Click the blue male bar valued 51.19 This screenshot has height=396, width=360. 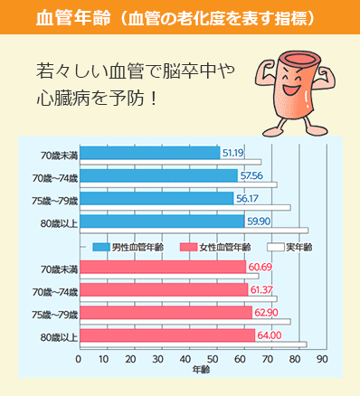coord(149,153)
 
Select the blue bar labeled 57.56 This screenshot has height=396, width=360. coord(158,175)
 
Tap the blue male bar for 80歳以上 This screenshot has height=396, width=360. coord(161,220)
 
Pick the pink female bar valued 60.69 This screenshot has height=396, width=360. coord(162,267)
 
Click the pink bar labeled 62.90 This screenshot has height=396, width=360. coord(166,312)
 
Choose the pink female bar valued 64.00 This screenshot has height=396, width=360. coord(167,335)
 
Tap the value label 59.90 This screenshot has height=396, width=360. coord(259,221)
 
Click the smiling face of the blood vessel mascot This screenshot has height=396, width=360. coord(293,90)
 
